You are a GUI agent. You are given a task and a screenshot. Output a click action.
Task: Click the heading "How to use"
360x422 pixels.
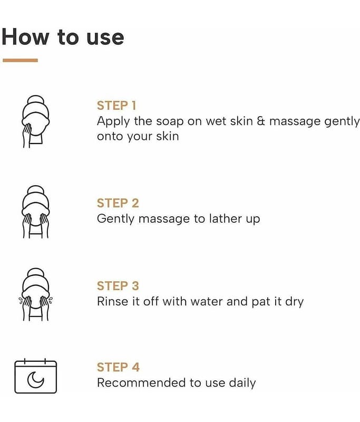[x=63, y=37]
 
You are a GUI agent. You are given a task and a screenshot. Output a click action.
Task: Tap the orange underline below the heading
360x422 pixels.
[x=20, y=60]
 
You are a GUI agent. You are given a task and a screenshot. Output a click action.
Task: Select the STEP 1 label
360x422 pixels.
[x=116, y=105]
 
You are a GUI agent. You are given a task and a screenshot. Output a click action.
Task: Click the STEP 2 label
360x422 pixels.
[x=118, y=203]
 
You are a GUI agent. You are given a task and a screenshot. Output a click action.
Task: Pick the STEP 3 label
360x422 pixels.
[x=118, y=286]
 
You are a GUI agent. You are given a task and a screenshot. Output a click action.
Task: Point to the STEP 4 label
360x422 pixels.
[x=118, y=367]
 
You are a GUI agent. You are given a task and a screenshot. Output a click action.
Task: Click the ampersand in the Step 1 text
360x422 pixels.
[x=261, y=121]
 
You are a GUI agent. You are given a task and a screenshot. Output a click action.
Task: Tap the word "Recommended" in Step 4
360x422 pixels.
[x=142, y=382]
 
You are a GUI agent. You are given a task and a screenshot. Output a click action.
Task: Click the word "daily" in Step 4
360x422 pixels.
[x=242, y=383]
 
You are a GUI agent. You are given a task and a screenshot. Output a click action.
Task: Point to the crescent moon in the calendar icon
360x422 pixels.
[x=35, y=380]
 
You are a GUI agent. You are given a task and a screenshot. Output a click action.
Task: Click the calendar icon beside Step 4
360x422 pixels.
[x=35, y=376]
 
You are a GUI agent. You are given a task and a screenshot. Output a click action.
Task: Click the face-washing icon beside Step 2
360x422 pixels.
[x=35, y=212]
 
